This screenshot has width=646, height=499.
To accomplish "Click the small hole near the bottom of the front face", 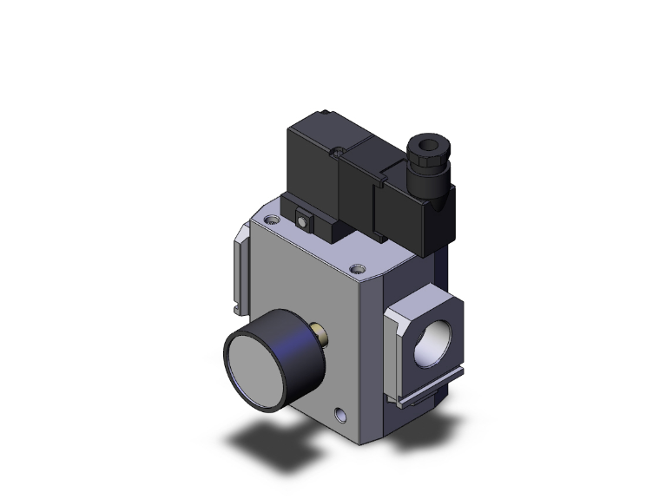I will tap(337, 407).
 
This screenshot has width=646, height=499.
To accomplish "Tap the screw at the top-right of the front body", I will tap(356, 268).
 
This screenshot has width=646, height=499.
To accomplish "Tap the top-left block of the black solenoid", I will tap(313, 165).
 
